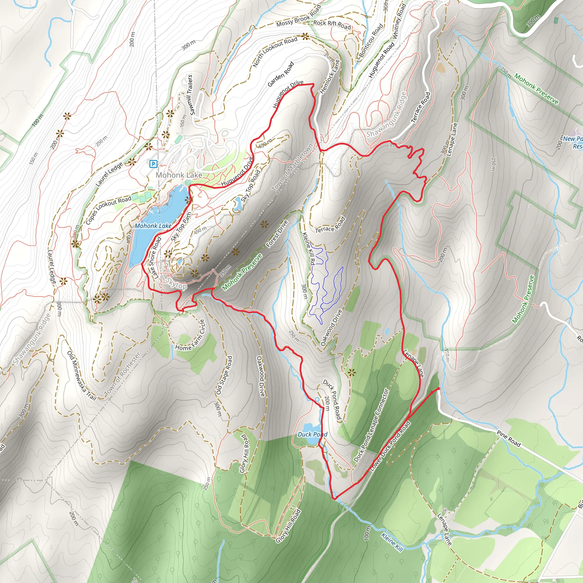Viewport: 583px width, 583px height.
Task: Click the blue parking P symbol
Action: [x=153, y=164]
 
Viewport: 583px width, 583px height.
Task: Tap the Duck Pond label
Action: [x=312, y=434]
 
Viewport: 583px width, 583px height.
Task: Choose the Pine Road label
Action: [x=509, y=439]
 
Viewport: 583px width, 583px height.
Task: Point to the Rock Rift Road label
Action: [x=332, y=25]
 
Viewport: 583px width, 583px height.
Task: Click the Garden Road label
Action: [x=281, y=74]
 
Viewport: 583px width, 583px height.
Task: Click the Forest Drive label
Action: [x=277, y=234]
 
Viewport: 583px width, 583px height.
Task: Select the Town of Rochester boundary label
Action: [x=122, y=374]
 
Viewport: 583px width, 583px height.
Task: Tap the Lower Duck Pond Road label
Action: [x=390, y=446]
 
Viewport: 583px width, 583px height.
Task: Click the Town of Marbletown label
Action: [x=292, y=168]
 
